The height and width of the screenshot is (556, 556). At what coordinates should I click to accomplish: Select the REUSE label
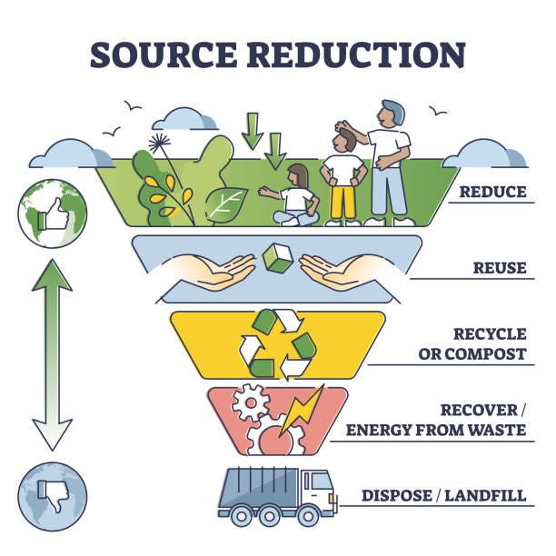[499, 268]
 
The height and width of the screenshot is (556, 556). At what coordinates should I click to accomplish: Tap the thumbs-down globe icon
[51, 496]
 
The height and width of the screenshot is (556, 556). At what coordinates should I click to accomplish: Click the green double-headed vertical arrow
[52, 353]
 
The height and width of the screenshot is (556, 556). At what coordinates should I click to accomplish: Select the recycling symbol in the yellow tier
[277, 344]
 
